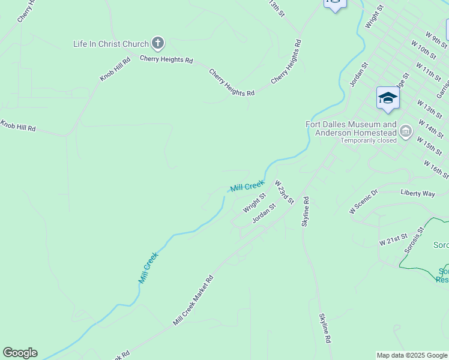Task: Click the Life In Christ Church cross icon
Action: coord(158,43)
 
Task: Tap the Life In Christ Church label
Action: coord(110,44)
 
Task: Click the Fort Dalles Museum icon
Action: coord(406,130)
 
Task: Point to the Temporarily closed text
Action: coord(369,141)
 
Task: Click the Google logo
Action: coord(20,353)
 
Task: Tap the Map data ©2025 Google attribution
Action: coord(412,355)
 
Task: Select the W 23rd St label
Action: coord(284,191)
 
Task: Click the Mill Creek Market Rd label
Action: coord(193,301)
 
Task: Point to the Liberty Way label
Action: coord(418,193)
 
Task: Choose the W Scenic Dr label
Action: coord(364,202)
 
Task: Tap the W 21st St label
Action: coord(393,240)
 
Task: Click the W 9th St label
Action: coord(436,39)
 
